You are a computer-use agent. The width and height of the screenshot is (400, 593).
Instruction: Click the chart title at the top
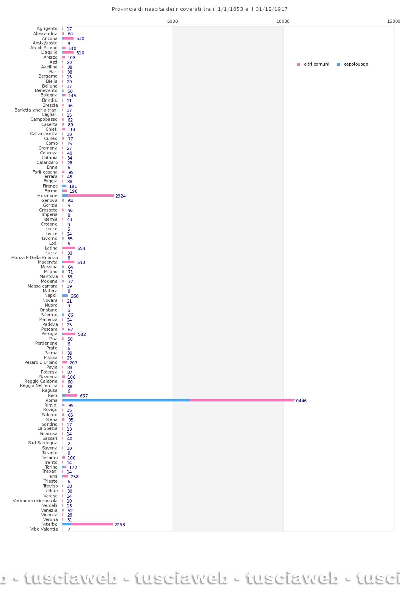[x=200, y=9]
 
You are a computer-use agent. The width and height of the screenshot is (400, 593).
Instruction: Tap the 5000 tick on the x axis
[x=172, y=21]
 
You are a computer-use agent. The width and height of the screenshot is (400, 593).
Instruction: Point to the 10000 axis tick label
[x=283, y=21]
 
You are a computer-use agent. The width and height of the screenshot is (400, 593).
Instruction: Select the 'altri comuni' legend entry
[x=313, y=64]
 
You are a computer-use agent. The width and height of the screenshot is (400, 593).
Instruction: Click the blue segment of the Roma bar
[x=126, y=400]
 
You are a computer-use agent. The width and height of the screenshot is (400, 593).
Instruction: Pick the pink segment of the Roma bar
[x=242, y=400]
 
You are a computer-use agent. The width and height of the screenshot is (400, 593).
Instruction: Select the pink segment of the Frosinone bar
[x=90, y=196]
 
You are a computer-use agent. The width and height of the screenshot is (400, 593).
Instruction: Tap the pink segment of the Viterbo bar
[x=92, y=524]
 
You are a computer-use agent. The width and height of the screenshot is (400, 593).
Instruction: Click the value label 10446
[x=300, y=401]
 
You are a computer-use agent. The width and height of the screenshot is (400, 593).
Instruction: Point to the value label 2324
[x=120, y=196]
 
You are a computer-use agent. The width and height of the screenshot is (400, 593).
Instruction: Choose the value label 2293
[x=120, y=525]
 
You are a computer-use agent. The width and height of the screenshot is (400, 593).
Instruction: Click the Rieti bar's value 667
[x=84, y=396]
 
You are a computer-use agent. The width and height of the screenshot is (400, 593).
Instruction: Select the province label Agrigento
[x=47, y=29]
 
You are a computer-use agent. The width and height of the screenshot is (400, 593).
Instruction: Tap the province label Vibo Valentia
[x=44, y=529]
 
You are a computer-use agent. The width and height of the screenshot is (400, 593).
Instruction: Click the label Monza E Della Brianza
[x=34, y=258]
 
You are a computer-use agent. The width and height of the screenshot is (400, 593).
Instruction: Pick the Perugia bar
[x=69, y=334]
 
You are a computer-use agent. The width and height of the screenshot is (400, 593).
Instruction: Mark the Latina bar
[x=68, y=248]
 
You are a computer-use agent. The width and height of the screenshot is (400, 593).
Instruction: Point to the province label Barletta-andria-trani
[x=36, y=110]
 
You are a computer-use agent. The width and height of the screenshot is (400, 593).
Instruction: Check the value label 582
[x=82, y=334]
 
